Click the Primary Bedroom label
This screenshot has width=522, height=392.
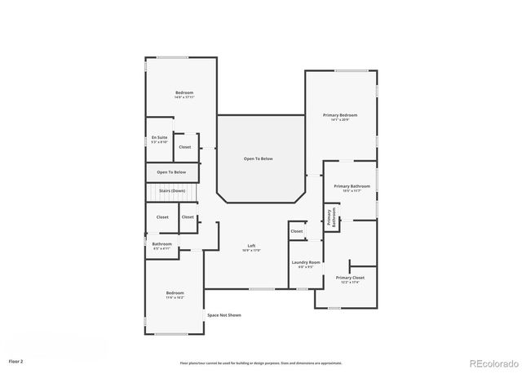[340, 115]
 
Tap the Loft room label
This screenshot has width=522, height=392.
[253, 246]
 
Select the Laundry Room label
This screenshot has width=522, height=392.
[306, 262]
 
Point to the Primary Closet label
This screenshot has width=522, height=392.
[350, 278]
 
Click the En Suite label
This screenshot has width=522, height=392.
[159, 137]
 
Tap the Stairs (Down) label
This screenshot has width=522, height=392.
[171, 189]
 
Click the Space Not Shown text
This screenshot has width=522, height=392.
[223, 314]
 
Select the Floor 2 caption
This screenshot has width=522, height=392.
[16, 360]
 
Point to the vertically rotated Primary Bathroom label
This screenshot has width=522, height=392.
[331, 217]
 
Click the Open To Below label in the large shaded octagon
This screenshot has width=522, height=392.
[258, 158]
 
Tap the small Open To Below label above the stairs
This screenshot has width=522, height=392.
[171, 172]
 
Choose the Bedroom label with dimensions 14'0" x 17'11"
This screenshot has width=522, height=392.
[184, 92]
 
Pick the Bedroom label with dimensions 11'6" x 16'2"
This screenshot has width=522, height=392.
[175, 292]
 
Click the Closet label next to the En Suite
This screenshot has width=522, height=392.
[185, 147]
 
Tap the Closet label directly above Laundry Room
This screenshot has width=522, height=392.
[296, 231]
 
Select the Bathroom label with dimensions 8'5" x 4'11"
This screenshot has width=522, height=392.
[161, 243]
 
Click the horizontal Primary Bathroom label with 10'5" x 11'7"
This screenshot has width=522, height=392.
[352, 186]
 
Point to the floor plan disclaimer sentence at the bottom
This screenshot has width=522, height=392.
[260, 363]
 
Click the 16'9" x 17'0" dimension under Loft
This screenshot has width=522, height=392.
[253, 251]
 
